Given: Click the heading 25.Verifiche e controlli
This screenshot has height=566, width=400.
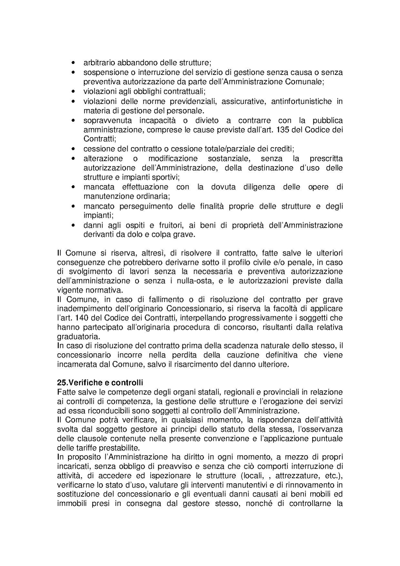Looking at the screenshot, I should (100, 383).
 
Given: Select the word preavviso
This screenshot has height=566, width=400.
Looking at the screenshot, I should (179, 467).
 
